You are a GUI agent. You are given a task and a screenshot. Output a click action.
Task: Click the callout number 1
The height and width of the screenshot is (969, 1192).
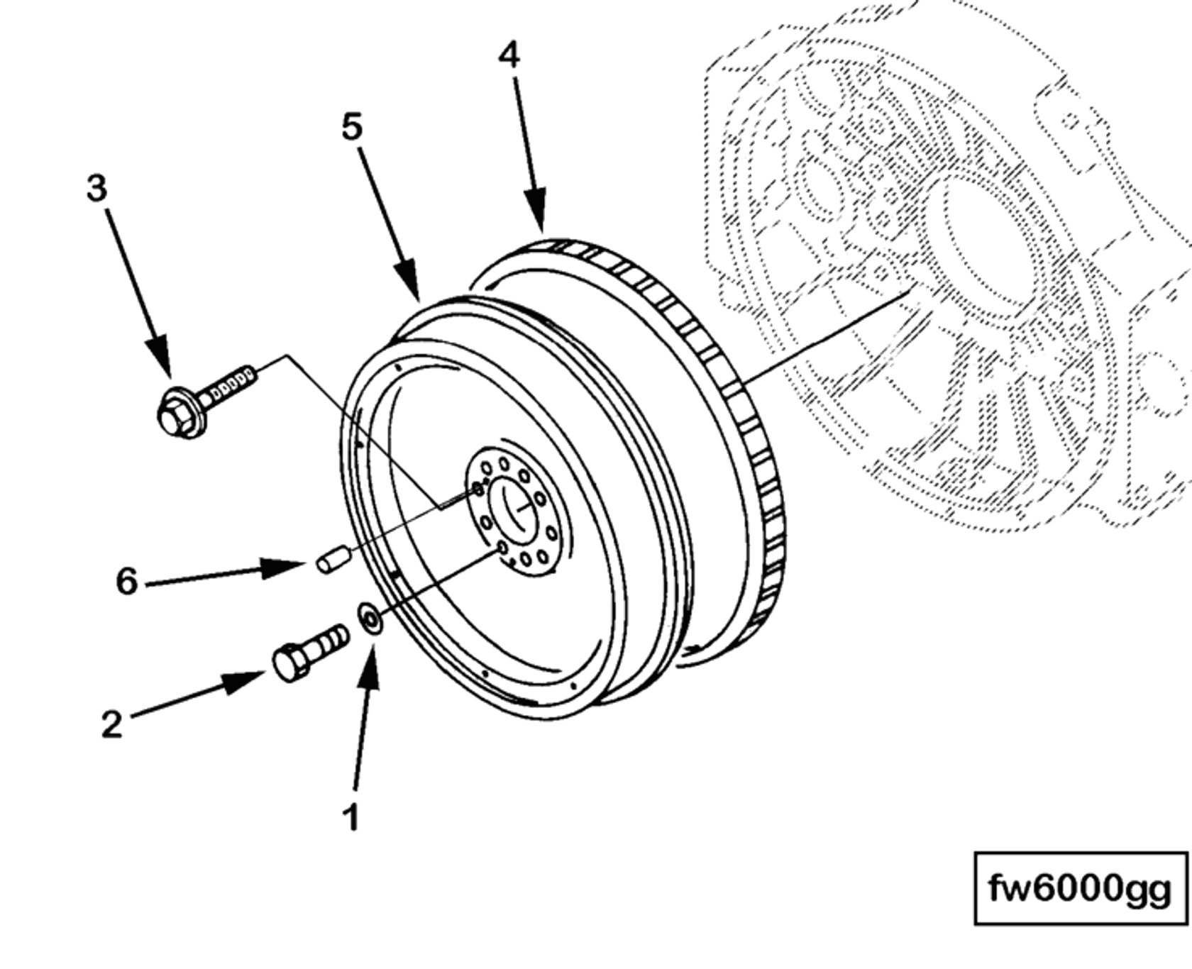pos(351,818)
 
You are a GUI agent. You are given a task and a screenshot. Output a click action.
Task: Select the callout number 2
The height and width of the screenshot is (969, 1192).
pos(111,724)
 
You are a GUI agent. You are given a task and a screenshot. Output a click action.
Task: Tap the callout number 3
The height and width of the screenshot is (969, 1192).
pos(96,189)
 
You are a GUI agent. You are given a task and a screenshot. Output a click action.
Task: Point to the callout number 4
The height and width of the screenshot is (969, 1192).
pos(509,55)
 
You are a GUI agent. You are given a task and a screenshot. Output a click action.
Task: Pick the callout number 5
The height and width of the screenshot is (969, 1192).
pos(352,127)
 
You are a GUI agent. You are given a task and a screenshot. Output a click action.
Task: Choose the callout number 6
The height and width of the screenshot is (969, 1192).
pos(126,581)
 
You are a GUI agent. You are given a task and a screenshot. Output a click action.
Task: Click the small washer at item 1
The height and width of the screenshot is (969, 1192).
pos(370,619)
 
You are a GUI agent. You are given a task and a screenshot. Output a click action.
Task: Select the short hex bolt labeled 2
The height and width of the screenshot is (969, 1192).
pos(309,651)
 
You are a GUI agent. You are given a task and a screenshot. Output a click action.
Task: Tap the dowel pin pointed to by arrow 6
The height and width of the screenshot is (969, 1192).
pos(331,559)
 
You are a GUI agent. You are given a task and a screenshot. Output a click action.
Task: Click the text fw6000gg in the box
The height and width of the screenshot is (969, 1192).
pos(1080,888)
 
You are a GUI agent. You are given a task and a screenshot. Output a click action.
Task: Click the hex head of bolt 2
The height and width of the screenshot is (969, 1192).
pos(289,663)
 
